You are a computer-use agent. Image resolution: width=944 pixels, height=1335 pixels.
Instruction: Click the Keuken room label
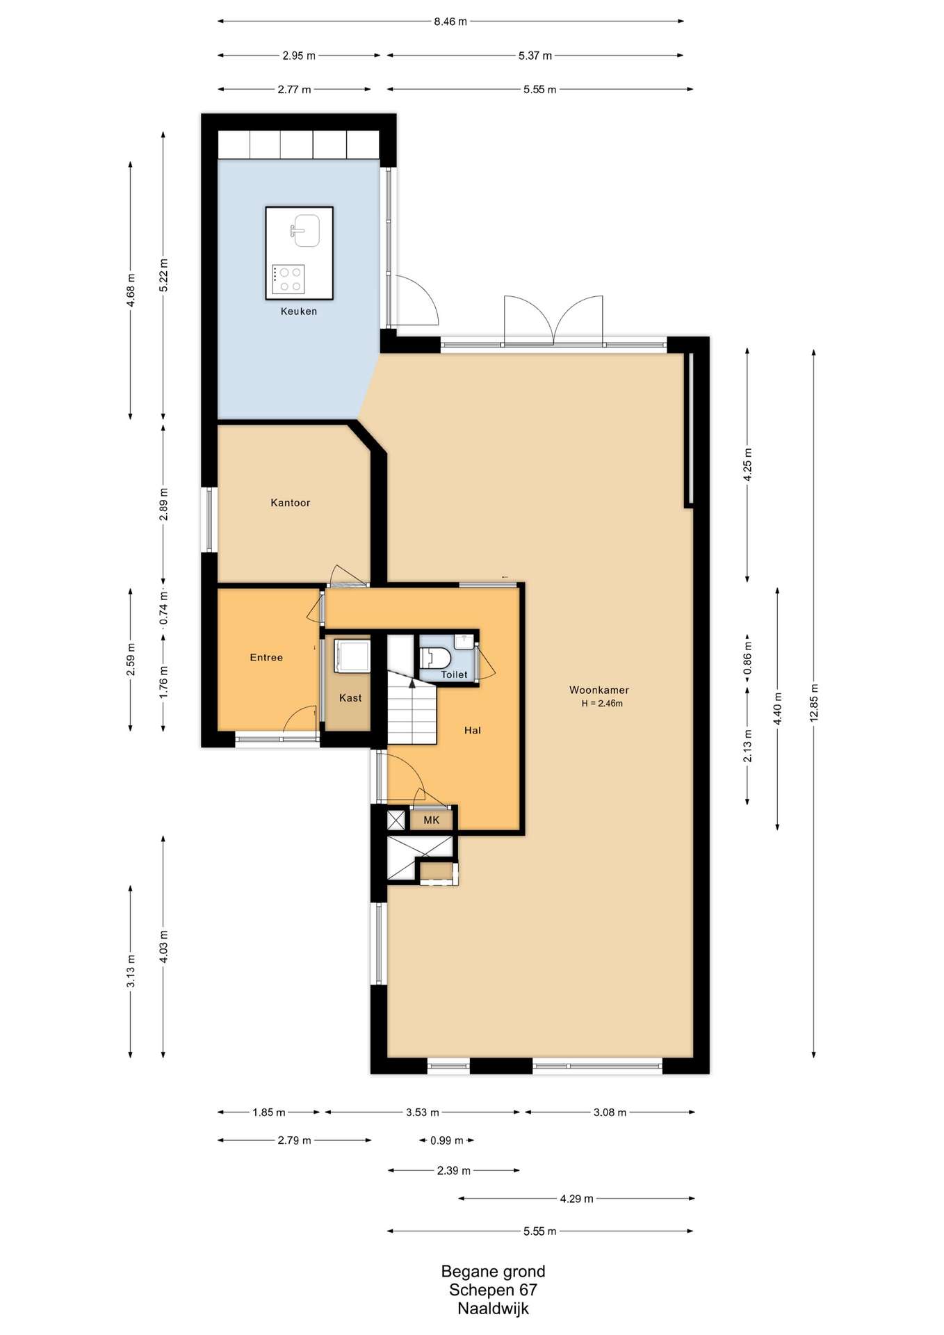[299, 311]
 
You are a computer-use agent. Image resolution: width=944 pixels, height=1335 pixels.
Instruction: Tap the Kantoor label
[291, 503]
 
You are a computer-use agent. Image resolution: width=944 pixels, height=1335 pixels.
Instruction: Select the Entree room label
[266, 657]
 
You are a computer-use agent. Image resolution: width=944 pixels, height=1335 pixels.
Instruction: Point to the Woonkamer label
[599, 690]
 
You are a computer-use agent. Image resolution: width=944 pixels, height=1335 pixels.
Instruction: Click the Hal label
[473, 730]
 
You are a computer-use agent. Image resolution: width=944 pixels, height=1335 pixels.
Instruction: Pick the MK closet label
[432, 820]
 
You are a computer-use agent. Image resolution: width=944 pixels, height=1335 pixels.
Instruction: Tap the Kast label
[350, 698]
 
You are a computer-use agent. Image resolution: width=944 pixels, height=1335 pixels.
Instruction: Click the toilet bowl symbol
[435, 657]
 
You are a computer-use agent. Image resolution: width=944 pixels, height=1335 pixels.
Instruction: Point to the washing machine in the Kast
[352, 656]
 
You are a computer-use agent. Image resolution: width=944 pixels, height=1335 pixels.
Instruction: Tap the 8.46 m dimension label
[450, 22]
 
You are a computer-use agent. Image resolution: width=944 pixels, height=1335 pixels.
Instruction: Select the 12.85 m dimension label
[814, 703]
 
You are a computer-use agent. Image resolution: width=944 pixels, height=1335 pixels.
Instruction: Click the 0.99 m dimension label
[447, 1140]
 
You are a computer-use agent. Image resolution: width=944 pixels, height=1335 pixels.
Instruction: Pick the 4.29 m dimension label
[577, 1199]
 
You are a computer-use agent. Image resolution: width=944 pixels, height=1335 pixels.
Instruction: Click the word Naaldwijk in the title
[494, 1309]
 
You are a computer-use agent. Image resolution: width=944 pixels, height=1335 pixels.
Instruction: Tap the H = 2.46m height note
[602, 704]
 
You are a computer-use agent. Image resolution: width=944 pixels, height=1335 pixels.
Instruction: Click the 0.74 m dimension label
[163, 610]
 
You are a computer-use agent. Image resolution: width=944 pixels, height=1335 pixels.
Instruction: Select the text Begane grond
[494, 1271]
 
